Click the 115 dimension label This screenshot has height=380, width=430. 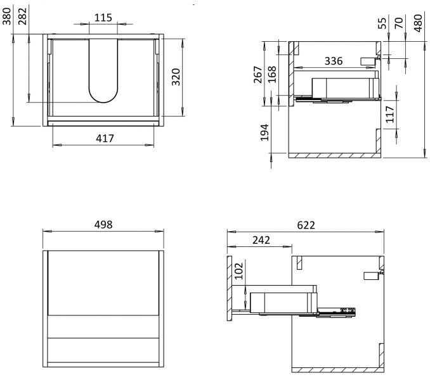[103, 18]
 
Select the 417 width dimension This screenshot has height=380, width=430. [105, 138]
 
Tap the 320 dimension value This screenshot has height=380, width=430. [176, 77]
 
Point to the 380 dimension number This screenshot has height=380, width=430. [6, 16]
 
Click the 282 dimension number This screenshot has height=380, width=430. [22, 16]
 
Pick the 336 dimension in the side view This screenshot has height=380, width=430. [334, 61]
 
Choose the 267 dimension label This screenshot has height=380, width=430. [258, 75]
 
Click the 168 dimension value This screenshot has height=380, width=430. [272, 75]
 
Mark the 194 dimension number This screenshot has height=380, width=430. [264, 132]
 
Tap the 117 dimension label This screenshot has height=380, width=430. [389, 114]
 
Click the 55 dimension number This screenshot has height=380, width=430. [382, 23]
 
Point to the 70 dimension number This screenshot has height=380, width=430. [399, 23]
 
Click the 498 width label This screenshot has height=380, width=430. [103, 225]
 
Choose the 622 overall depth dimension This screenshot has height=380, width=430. [306, 225]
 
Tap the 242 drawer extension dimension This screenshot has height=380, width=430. [261, 240]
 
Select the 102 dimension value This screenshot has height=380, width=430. [239, 271]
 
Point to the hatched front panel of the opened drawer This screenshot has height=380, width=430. [230, 288]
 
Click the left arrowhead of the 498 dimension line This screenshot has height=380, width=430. [47, 231]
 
